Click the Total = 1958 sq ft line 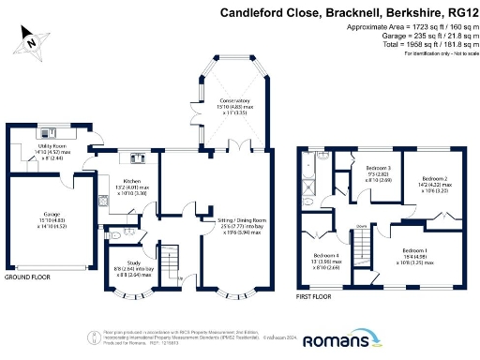coord(418,45)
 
